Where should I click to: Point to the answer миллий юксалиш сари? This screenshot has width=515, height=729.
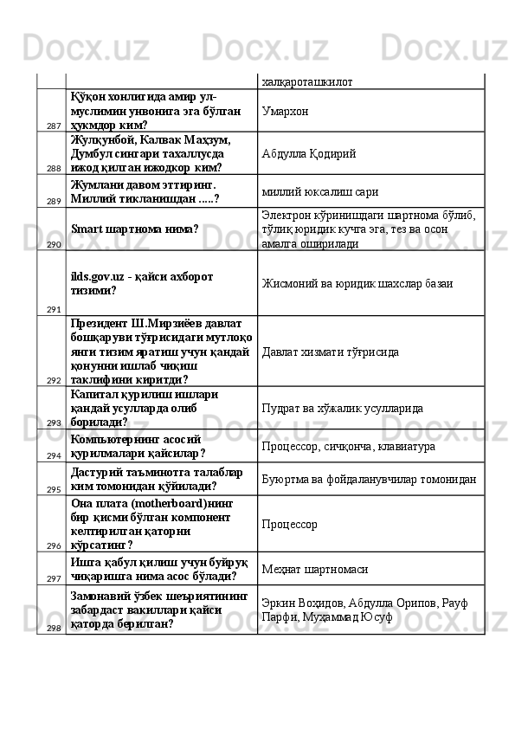click(x=319, y=191)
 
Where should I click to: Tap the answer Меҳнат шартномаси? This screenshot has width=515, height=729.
click(x=317, y=568)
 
